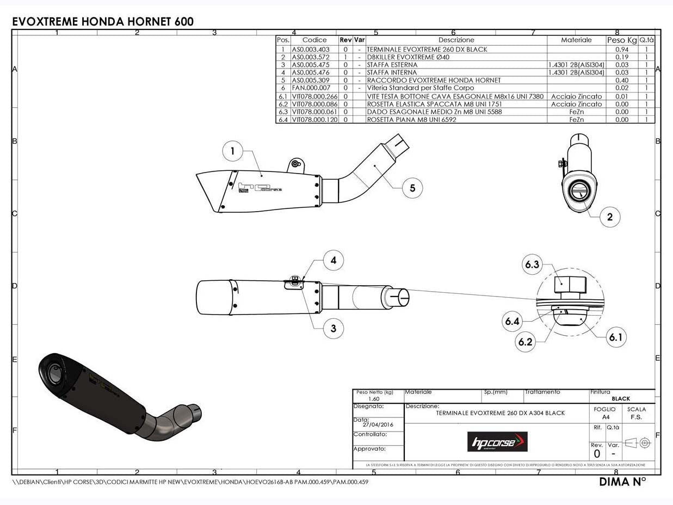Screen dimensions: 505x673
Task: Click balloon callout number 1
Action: coord(233,151)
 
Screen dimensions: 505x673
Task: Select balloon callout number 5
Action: coord(412,188)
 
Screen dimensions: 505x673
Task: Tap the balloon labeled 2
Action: coord(610,217)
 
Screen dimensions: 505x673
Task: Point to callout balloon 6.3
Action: coord(532,265)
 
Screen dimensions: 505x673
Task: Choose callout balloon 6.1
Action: coord(615,337)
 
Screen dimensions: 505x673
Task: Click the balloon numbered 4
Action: coord(333,260)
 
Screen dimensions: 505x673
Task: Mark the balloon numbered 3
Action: coord(333,328)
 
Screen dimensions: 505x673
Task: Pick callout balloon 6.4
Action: coord(512,322)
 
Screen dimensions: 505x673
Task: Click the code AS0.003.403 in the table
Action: coord(311,50)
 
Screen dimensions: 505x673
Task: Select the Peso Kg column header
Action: coord(621,40)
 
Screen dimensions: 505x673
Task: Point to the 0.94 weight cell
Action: coord(621,50)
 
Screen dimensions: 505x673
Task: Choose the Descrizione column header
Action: coord(456,40)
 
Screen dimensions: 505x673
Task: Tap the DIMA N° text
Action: coord(622,482)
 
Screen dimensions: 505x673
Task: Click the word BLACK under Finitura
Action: coord(621,399)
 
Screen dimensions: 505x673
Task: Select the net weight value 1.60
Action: coord(373,399)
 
